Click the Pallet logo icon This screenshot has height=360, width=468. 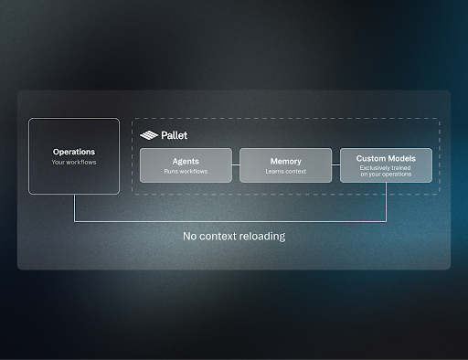tap(149, 135)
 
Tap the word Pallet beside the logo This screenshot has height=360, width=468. tap(175, 135)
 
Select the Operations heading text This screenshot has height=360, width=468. tap(74, 152)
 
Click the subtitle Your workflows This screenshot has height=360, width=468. tap(74, 162)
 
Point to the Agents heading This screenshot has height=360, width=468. tap(186, 162)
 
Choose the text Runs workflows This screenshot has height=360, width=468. tap(186, 171)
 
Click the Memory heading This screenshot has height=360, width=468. tap(286, 162)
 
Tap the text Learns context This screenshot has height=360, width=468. tap(286, 171)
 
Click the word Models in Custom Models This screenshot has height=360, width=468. tap(401, 158)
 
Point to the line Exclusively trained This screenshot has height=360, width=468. tap(386, 168)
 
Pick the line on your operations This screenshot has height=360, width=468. tap(386, 175)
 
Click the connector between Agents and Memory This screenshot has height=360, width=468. tap(236, 164)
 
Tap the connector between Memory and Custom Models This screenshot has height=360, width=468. tap(335, 164)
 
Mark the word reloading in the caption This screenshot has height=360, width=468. tap(262, 237)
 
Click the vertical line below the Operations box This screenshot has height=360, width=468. tap(74, 208)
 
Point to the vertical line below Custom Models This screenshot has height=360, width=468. tap(386, 202)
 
